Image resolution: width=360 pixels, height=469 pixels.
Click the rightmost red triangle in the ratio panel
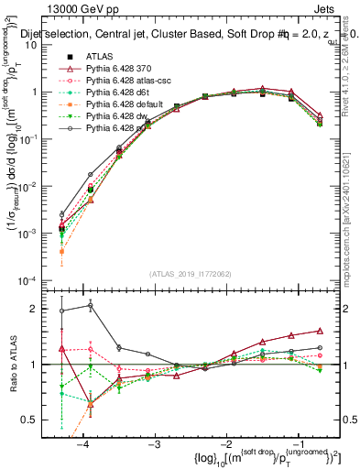[320, 331]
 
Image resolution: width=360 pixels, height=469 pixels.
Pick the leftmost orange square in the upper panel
[61, 251]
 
